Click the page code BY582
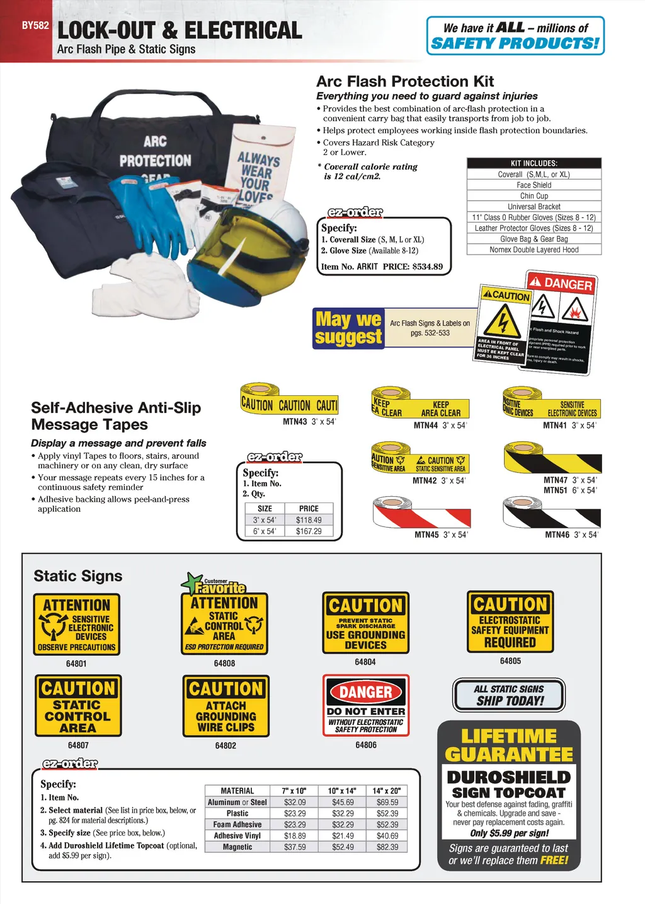tap(35, 26)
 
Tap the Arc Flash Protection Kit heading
tap(404, 81)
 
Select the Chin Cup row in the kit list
tap(534, 196)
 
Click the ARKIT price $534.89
tap(427, 267)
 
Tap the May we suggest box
tap(348, 328)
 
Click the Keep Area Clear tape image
tap(420, 405)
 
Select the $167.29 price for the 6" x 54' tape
tap(309, 531)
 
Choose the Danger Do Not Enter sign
tap(366, 705)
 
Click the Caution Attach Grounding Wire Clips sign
tap(225, 706)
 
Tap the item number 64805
tap(510, 661)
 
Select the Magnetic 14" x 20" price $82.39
tap(387, 847)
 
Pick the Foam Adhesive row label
tap(237, 825)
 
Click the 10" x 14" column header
tap(342, 791)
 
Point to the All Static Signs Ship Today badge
tap(509, 695)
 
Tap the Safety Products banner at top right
tap(515, 36)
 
